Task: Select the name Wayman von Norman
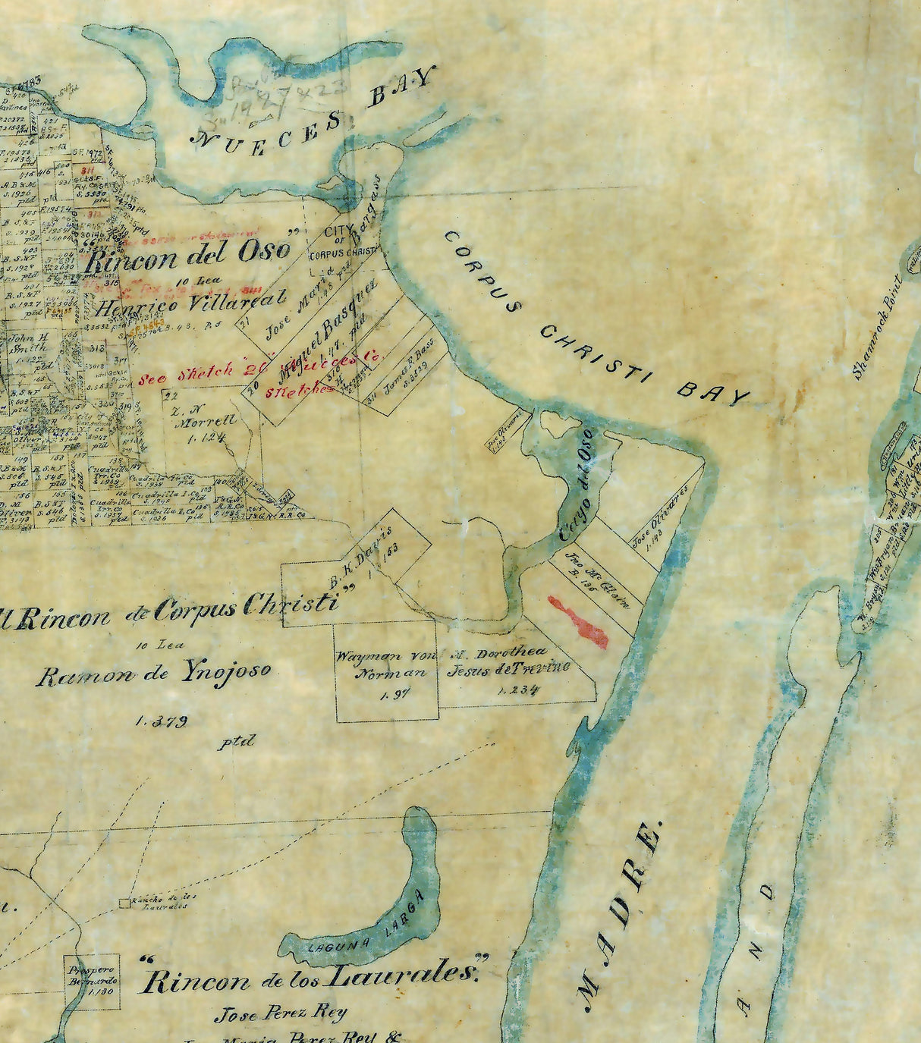coord(386,664)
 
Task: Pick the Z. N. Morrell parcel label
coord(204,422)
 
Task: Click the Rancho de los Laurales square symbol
coord(124,903)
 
